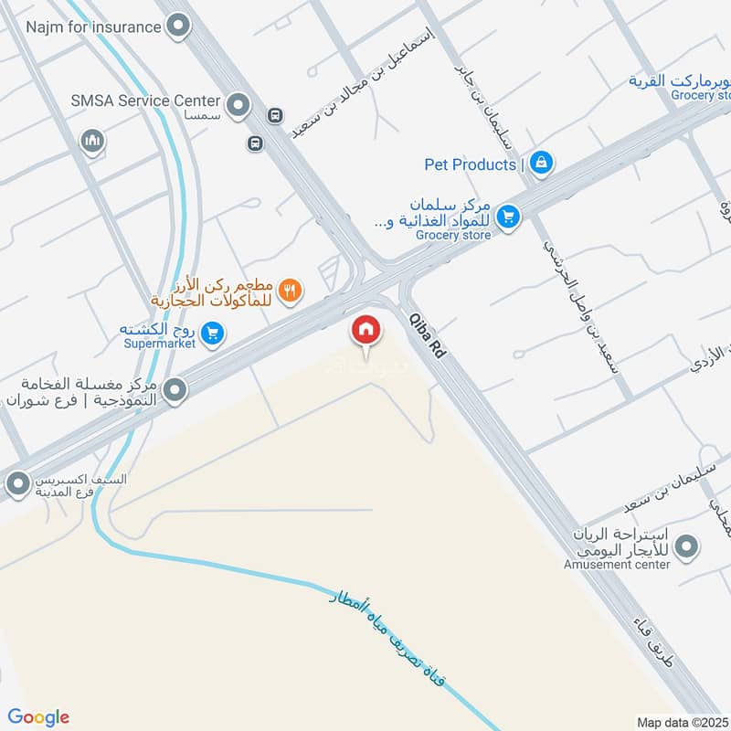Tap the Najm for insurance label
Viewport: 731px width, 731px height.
point(92,26)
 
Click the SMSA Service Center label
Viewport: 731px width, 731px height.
point(146,101)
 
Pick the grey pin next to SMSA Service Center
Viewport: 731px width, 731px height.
point(238,106)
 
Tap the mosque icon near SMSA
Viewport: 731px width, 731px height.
point(91,141)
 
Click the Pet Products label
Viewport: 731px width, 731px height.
point(471,164)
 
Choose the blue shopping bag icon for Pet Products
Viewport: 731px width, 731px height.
point(542,164)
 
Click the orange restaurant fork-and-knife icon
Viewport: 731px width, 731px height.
point(290,291)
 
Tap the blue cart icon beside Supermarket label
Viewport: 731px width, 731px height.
point(212,335)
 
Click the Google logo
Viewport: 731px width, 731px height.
point(38,717)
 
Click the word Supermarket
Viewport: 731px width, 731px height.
point(158,344)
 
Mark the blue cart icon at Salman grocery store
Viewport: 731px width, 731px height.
point(508,217)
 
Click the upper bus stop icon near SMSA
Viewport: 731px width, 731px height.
point(273,116)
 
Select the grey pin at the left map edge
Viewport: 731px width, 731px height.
point(16,484)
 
